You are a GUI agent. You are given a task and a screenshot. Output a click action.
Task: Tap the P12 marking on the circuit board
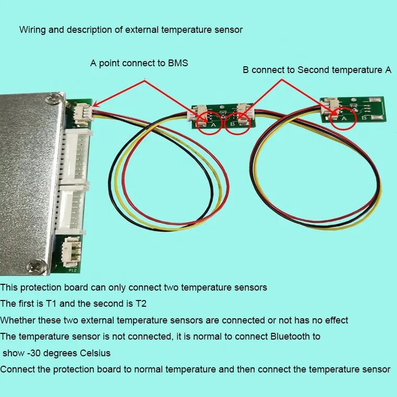72,270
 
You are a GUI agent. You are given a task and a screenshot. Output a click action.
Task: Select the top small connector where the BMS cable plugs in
82,112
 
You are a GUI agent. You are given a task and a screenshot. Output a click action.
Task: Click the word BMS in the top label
178,63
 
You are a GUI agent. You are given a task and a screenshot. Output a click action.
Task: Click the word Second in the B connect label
312,70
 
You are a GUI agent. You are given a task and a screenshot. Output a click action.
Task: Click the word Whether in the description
16,320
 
